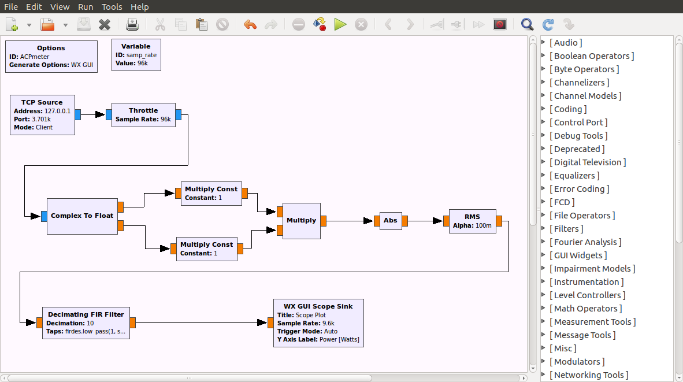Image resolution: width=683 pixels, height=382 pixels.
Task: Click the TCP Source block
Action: (x=42, y=115)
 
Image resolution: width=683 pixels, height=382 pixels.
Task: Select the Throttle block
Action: (x=143, y=114)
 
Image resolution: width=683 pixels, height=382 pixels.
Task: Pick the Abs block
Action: (x=391, y=220)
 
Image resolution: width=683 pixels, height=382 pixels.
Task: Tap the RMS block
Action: (x=472, y=221)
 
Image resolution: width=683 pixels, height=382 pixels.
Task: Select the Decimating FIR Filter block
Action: (x=86, y=322)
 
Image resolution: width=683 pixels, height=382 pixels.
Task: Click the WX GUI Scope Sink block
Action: (x=318, y=322)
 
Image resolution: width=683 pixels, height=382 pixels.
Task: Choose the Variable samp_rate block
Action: (x=136, y=55)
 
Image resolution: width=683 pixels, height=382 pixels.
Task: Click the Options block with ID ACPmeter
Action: (x=51, y=56)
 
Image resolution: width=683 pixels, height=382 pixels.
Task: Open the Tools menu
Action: (x=112, y=7)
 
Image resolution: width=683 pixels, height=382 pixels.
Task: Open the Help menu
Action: (x=140, y=7)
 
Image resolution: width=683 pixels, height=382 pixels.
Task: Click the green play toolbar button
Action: (x=340, y=24)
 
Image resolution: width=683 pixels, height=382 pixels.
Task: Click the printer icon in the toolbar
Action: (x=132, y=24)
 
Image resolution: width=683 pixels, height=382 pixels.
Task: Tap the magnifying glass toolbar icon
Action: (x=527, y=24)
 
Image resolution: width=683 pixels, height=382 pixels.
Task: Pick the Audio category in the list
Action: (x=566, y=43)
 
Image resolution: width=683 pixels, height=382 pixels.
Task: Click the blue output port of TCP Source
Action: (x=77, y=114)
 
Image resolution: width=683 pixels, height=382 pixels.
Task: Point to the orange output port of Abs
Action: (x=404, y=220)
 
